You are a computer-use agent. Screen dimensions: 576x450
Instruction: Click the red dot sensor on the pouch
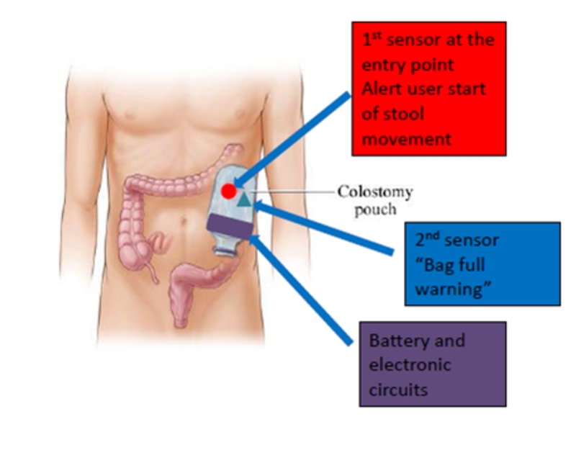(x=228, y=191)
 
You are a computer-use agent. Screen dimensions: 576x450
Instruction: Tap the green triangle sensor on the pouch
(x=246, y=199)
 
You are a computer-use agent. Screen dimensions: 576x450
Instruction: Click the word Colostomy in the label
(x=375, y=192)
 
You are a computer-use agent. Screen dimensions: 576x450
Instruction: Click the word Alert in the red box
(x=382, y=89)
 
